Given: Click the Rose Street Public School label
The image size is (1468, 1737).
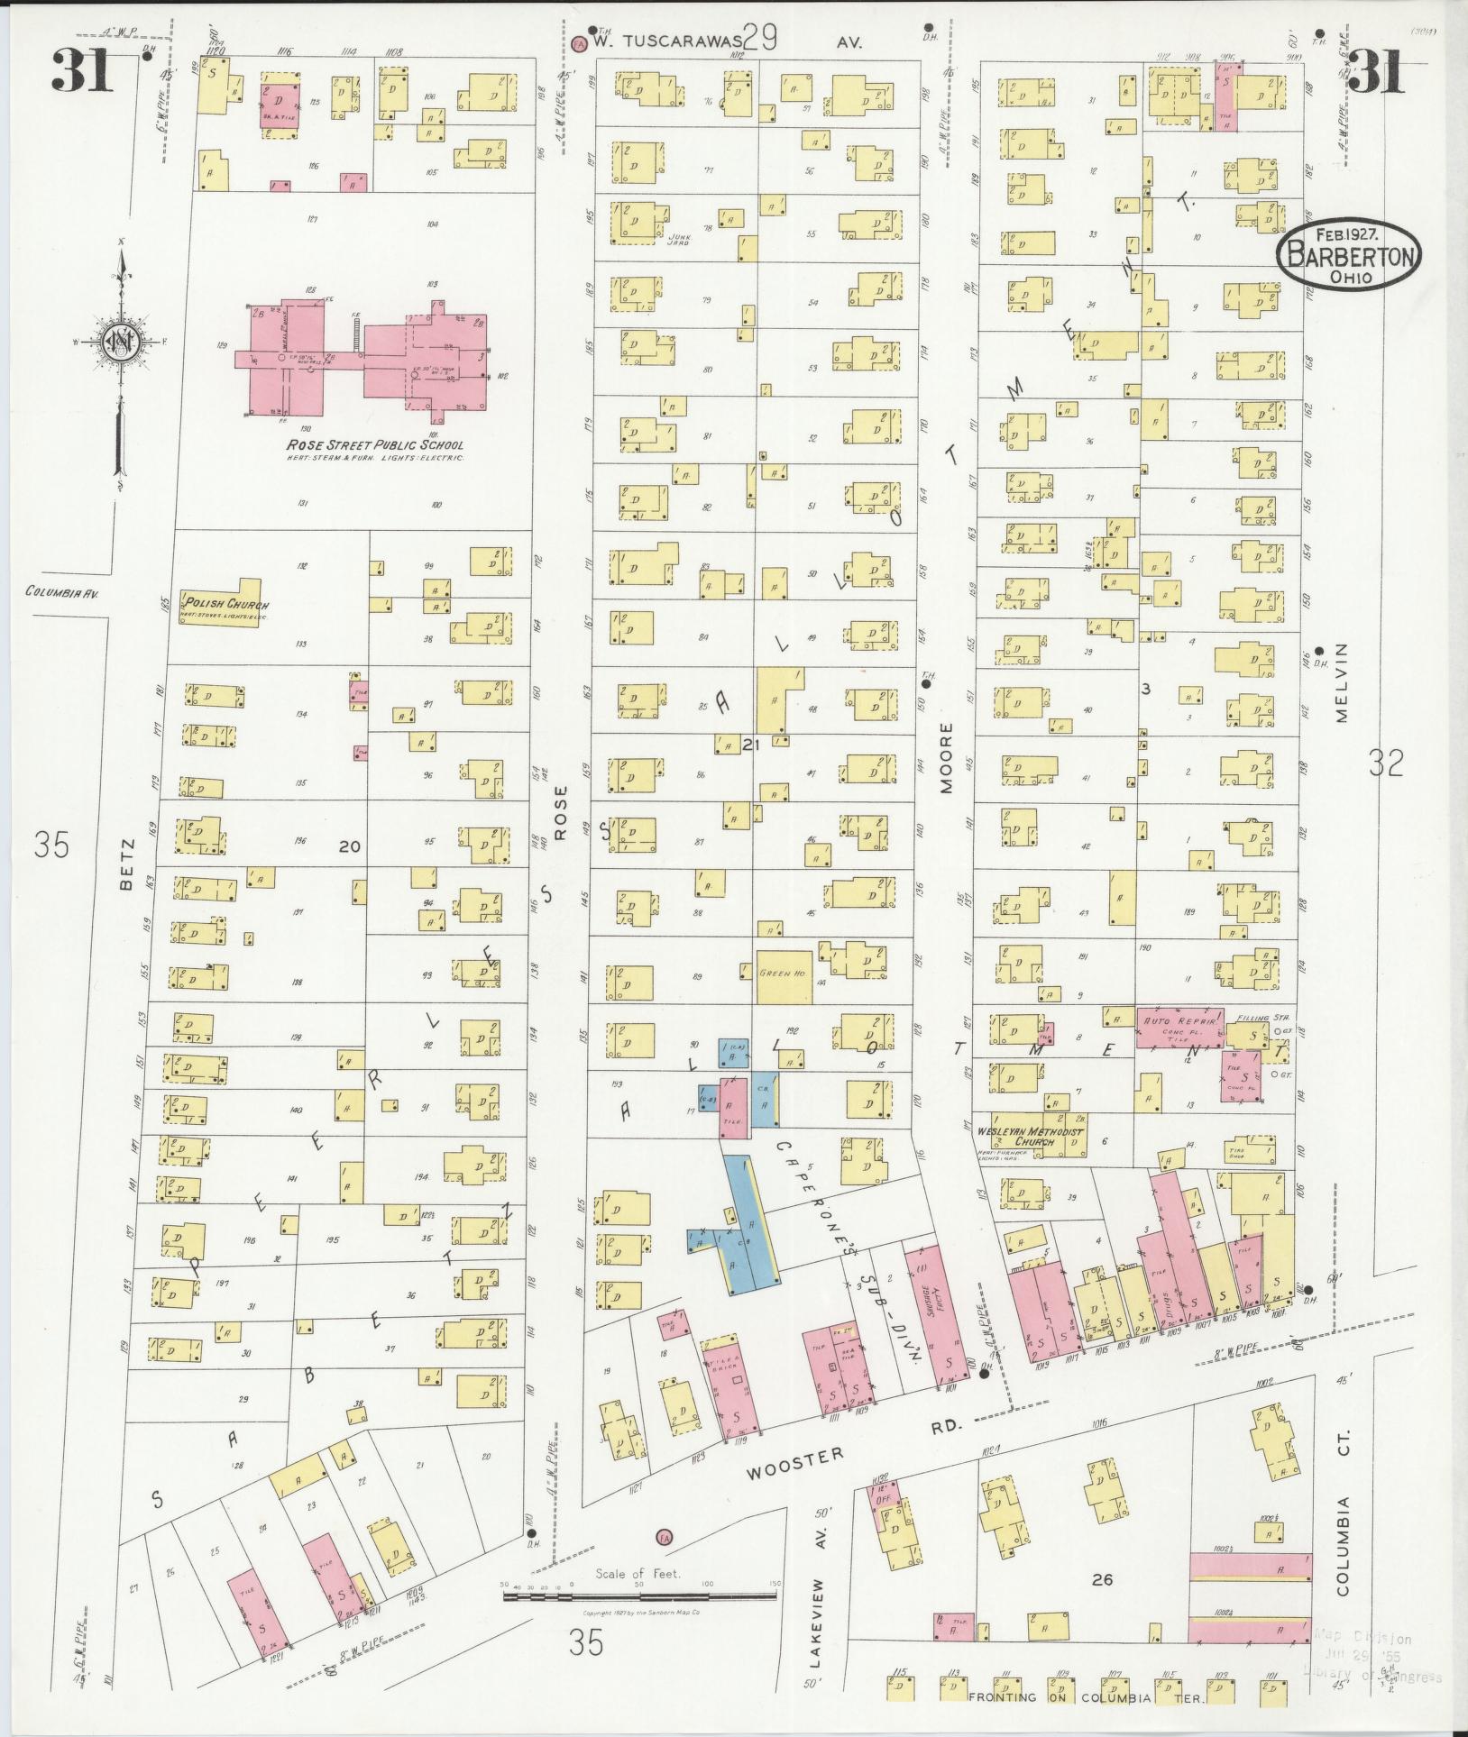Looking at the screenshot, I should point(374,445).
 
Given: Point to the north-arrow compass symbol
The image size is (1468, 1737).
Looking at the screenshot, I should point(117,343).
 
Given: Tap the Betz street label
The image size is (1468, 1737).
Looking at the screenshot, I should point(126,864).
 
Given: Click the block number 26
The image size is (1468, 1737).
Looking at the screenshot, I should point(1101,1604).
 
